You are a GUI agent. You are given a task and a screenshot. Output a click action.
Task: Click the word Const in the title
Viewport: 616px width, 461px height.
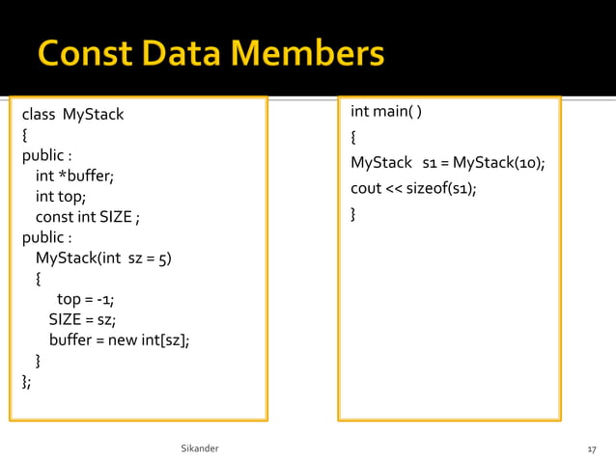point(84,52)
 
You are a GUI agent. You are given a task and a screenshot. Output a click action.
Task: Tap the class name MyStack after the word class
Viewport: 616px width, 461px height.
point(93,115)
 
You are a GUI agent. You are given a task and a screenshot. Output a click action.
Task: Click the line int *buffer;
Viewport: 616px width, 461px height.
point(74,176)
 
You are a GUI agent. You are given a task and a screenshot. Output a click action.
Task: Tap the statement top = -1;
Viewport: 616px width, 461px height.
point(86,299)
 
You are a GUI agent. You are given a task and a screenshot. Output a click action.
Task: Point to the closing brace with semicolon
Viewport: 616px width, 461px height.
point(26,381)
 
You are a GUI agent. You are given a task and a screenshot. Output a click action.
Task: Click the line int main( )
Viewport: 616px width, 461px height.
point(386,112)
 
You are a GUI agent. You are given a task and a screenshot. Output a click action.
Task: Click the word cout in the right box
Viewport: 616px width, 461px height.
point(366,188)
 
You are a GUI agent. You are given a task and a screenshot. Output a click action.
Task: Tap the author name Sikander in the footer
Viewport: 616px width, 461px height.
point(200,449)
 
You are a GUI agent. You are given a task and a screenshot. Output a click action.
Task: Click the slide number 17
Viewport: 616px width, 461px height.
point(591,450)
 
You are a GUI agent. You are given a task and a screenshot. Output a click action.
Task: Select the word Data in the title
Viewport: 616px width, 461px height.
point(183,52)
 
